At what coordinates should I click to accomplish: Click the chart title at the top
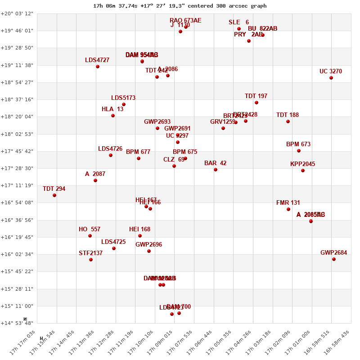tap(180, 6)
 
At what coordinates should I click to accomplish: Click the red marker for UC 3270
tap(331, 78)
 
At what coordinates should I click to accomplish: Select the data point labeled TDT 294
tap(54, 195)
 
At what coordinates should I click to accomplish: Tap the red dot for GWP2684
tap(334, 259)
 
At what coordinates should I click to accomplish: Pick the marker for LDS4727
tap(98, 67)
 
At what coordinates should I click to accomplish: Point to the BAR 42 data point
tap(216, 170)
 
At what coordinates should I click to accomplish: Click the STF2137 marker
tap(91, 260)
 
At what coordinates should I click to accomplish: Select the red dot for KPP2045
tap(303, 171)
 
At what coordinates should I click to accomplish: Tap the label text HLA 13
tap(112, 109)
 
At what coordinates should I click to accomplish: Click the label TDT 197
tap(256, 96)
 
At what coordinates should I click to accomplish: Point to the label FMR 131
tap(288, 203)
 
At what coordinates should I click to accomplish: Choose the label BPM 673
tap(298, 144)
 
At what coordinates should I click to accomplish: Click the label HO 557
tap(90, 229)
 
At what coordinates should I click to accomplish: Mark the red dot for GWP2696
tap(149, 251)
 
